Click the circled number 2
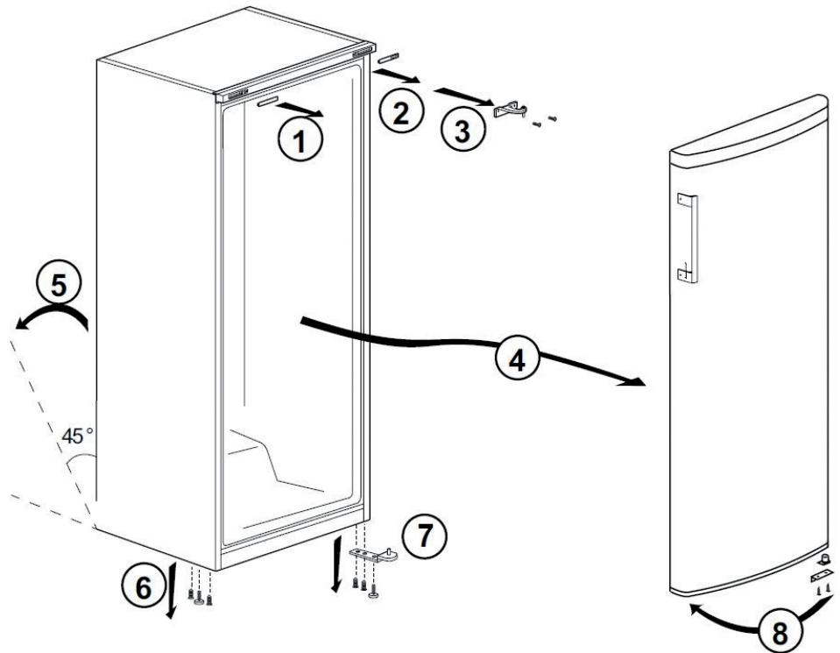pos(399,113)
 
